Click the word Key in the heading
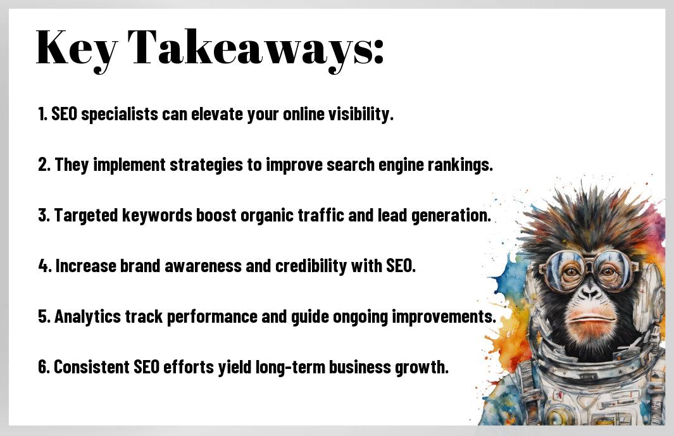coord(77,48)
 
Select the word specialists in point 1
coord(120,115)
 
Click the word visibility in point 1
coord(361,115)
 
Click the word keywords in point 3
coord(157,215)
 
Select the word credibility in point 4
coord(311,266)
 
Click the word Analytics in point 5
coord(87,317)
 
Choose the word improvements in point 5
coord(444,317)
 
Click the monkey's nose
coord(590,293)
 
